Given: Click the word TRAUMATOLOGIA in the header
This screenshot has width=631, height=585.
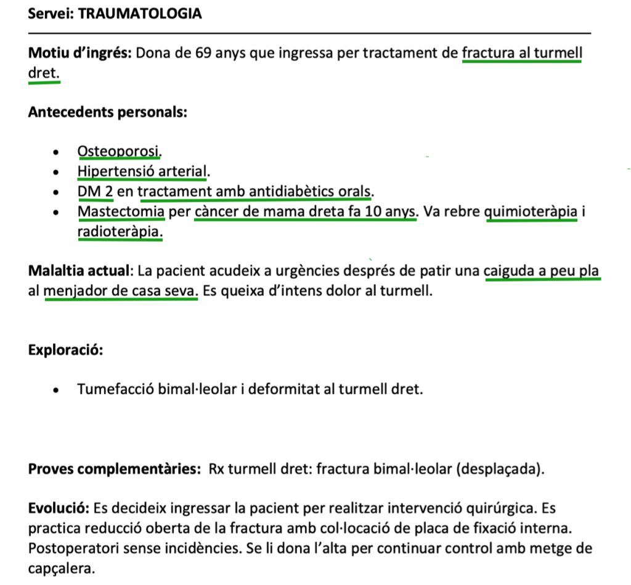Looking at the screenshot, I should pyautogui.click(x=140, y=14).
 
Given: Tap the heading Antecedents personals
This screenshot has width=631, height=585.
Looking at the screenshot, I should pyautogui.click(x=108, y=112).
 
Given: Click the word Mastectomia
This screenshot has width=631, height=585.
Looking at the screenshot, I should pyautogui.click(x=121, y=212).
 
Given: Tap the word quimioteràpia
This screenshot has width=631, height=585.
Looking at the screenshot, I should pyautogui.click(x=532, y=212).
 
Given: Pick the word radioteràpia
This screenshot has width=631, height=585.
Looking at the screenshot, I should pyautogui.click(x=120, y=232).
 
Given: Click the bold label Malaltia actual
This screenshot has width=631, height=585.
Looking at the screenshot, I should pyautogui.click(x=79, y=270).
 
